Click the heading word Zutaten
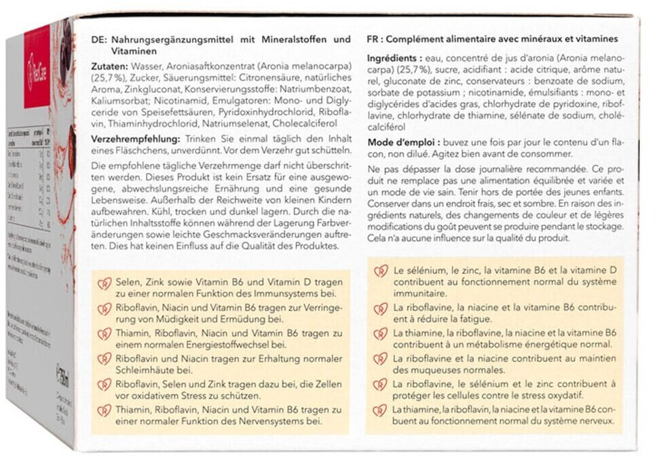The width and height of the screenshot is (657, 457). click(x=105, y=68)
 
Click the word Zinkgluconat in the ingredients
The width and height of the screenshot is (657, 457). click(x=147, y=90)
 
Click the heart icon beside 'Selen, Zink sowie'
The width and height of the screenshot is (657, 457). click(x=105, y=284)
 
